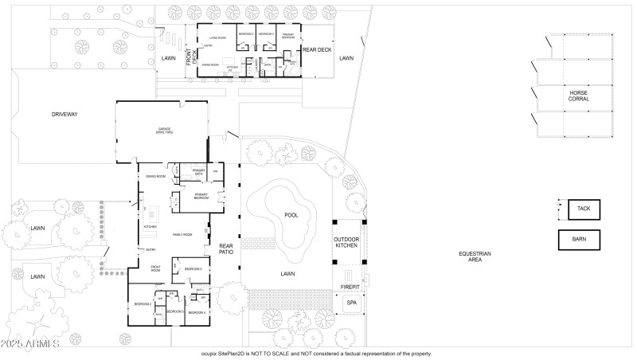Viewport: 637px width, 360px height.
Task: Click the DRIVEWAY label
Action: [x=64, y=115]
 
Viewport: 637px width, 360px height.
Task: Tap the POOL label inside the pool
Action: [x=291, y=215]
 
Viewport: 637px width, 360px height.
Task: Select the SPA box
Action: [x=351, y=303]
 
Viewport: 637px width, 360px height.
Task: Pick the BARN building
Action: [x=579, y=239]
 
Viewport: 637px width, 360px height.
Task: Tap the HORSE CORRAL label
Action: [x=578, y=95]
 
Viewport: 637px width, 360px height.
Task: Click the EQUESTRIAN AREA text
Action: [x=475, y=256]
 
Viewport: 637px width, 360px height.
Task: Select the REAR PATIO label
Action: [x=225, y=251]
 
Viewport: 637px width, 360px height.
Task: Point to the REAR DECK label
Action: [x=316, y=50]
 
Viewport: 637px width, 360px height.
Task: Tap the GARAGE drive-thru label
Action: [x=163, y=131]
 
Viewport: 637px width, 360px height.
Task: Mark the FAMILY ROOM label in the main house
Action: [x=183, y=234]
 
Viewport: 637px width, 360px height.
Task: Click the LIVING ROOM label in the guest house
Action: [x=218, y=37]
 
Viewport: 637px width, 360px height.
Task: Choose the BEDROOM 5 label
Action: [x=193, y=269]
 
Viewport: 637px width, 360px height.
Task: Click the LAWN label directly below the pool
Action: [x=287, y=273]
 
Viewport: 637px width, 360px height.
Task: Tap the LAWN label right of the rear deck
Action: [x=346, y=58]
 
